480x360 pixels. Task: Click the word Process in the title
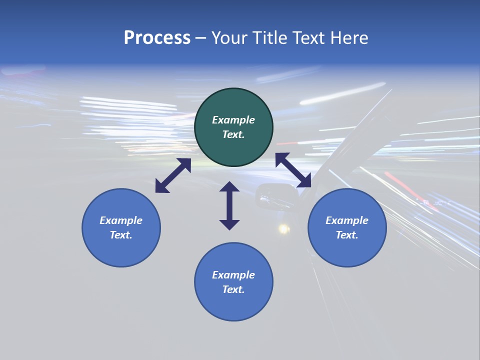pos(157,38)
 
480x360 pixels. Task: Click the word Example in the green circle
pos(233,120)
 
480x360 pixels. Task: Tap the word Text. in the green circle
pos(233,134)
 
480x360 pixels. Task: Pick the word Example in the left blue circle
pos(121,220)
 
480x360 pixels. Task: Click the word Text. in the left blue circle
pos(121,235)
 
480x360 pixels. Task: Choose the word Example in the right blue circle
pos(347,220)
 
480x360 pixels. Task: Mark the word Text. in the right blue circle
pos(347,235)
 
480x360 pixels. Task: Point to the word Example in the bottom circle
pos(233,275)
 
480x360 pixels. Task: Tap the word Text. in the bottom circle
pos(233,289)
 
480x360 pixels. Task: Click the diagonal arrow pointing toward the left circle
pos(173,175)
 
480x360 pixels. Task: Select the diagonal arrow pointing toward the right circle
pos(293,170)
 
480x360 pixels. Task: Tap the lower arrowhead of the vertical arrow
pos(229,224)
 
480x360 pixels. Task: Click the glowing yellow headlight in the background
pos(283,229)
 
